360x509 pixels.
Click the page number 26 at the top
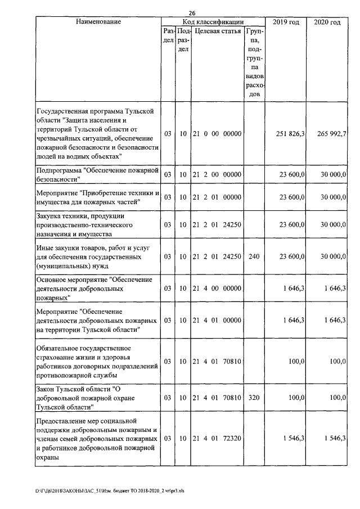[x=192, y=13]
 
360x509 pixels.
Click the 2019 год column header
[x=286, y=22]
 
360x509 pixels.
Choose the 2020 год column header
[x=327, y=22]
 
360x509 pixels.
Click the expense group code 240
[x=254, y=256]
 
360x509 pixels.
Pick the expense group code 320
[x=254, y=397]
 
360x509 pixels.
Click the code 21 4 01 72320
[x=217, y=438]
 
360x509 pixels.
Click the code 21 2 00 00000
[x=217, y=175]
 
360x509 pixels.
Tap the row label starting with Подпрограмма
[x=96, y=174]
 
